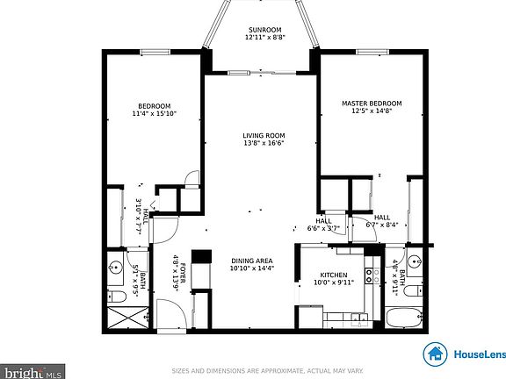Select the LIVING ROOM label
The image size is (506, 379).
tap(264, 135)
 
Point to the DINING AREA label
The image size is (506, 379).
tap(251, 261)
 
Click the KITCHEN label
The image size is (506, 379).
tap(334, 275)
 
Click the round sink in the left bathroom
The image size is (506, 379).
tap(114, 266)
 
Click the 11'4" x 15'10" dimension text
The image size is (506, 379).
tap(155, 113)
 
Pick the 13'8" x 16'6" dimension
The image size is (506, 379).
tap(264, 143)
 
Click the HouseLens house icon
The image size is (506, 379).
tap(434, 354)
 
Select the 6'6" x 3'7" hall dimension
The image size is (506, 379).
tap(323, 228)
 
